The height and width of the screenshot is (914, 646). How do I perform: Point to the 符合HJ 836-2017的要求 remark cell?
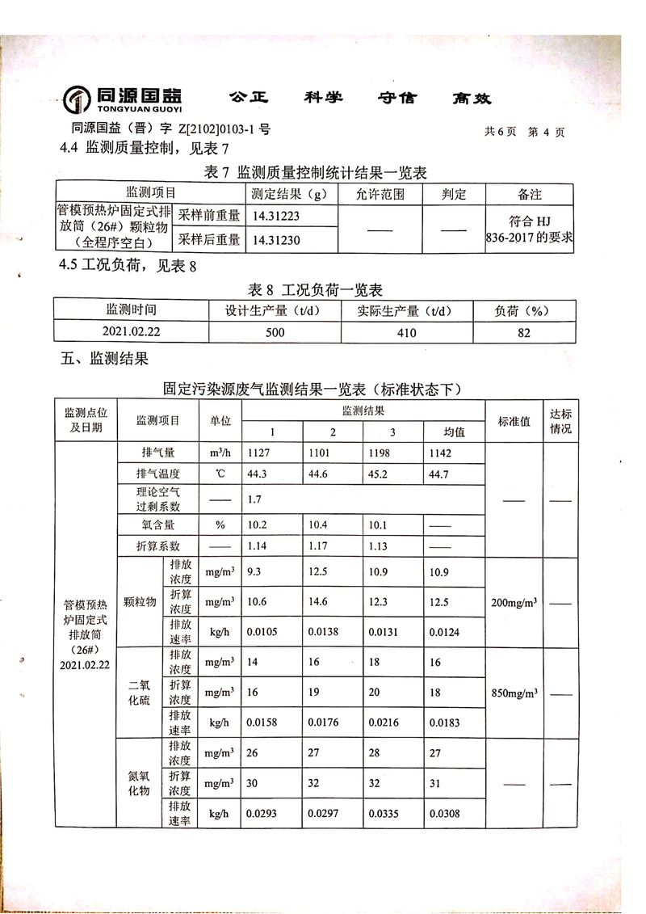(530, 228)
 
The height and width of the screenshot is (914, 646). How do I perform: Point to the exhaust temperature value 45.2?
(380, 474)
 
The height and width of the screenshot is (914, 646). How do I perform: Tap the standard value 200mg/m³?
(513, 602)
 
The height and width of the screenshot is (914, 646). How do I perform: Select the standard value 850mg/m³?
(513, 693)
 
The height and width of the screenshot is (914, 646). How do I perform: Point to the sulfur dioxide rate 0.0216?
(384, 722)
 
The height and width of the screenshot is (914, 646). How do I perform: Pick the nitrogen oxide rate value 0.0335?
(384, 813)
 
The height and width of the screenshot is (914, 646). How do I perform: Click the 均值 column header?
(455, 432)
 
